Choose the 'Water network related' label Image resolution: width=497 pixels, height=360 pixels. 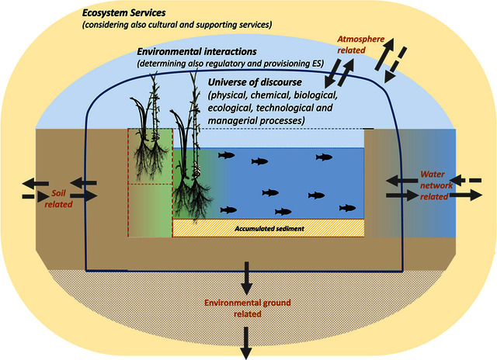click(x=433, y=185)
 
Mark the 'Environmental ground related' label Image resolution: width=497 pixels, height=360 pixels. click(x=248, y=308)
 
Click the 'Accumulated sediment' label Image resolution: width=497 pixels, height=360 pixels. click(x=269, y=228)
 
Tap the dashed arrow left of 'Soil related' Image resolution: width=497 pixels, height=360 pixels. click(x=29, y=196)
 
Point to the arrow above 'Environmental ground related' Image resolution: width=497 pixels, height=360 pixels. click(x=248, y=276)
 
